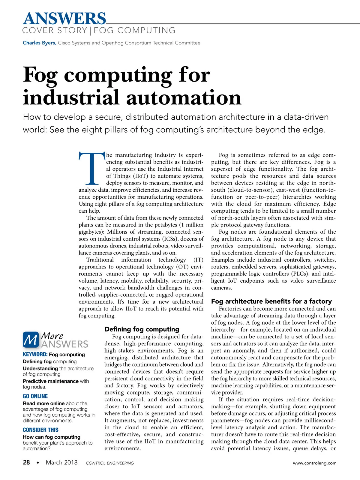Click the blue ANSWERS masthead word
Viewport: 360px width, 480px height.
(64, 19)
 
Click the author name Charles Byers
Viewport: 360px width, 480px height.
(39, 43)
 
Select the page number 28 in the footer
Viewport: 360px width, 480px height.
(26, 463)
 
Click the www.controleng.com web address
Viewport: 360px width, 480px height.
(314, 463)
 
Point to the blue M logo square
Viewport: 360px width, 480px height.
(31, 340)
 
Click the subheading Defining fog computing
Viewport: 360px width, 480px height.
(142, 329)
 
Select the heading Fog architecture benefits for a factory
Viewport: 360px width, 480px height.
(271, 301)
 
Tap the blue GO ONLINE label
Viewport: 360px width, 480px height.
(35, 396)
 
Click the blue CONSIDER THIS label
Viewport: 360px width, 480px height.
(40, 430)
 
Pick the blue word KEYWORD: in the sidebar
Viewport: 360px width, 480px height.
(35, 354)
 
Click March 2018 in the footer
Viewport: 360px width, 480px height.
(61, 463)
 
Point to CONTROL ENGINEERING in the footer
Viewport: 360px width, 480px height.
(110, 463)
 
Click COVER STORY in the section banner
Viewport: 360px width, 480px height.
(55, 31)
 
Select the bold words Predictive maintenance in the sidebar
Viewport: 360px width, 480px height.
(51, 381)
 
